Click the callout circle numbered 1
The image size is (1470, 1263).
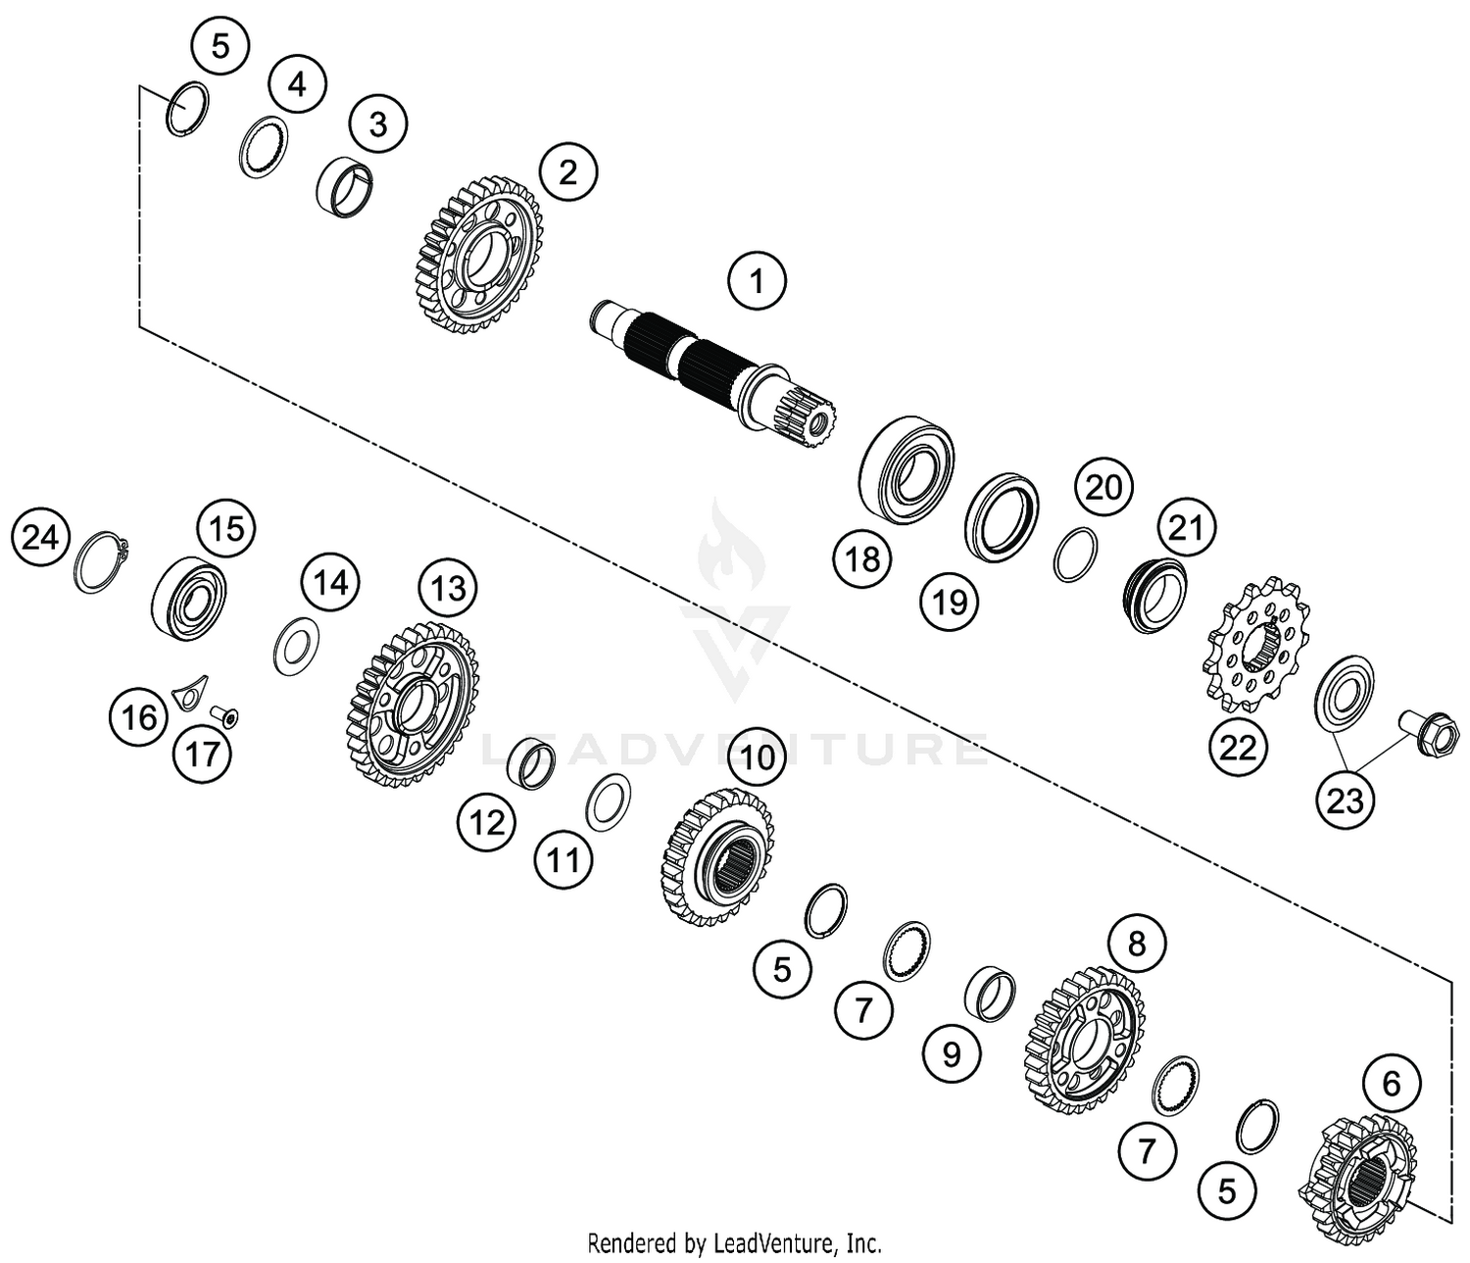click(756, 282)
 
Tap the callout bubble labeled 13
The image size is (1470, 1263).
click(448, 588)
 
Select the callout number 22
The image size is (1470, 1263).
click(1237, 748)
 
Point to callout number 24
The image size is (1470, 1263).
click(40, 537)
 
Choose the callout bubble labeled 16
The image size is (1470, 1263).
click(138, 716)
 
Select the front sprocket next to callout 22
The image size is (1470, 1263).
click(1253, 648)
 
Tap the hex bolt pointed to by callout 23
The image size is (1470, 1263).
click(1428, 733)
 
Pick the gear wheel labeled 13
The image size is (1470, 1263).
click(412, 702)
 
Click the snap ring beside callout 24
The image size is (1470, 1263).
click(101, 560)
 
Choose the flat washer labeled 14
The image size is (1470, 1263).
click(295, 646)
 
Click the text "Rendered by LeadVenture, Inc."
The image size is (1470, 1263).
click(734, 1243)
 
